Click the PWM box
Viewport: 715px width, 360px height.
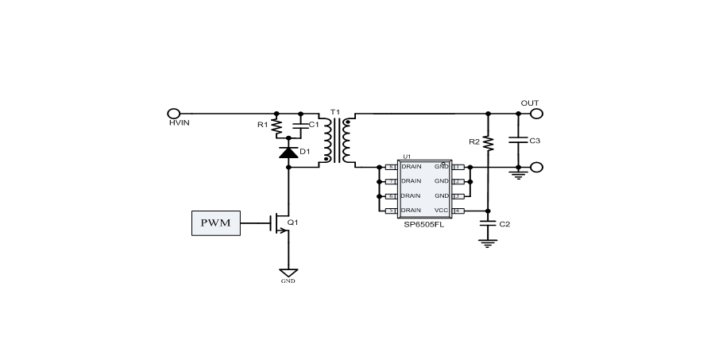pyautogui.click(x=215, y=223)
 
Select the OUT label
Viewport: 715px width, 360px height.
pyautogui.click(x=529, y=103)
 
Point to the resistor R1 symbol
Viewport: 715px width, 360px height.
pyautogui.click(x=276, y=126)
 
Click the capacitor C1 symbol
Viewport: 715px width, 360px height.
pyautogui.click(x=298, y=126)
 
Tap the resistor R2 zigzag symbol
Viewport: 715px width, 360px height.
pyautogui.click(x=488, y=142)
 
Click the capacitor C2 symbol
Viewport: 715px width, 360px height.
pyautogui.click(x=488, y=224)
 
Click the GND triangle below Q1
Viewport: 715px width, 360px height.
pyautogui.click(x=288, y=273)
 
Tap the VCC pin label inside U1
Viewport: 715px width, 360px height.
pyautogui.click(x=441, y=211)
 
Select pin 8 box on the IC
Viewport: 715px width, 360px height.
pyautogui.click(x=390, y=168)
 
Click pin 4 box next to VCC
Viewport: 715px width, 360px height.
pyautogui.click(x=458, y=211)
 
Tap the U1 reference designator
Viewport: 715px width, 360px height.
pyautogui.click(x=407, y=157)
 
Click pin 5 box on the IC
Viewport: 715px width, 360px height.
pyautogui.click(x=390, y=211)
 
